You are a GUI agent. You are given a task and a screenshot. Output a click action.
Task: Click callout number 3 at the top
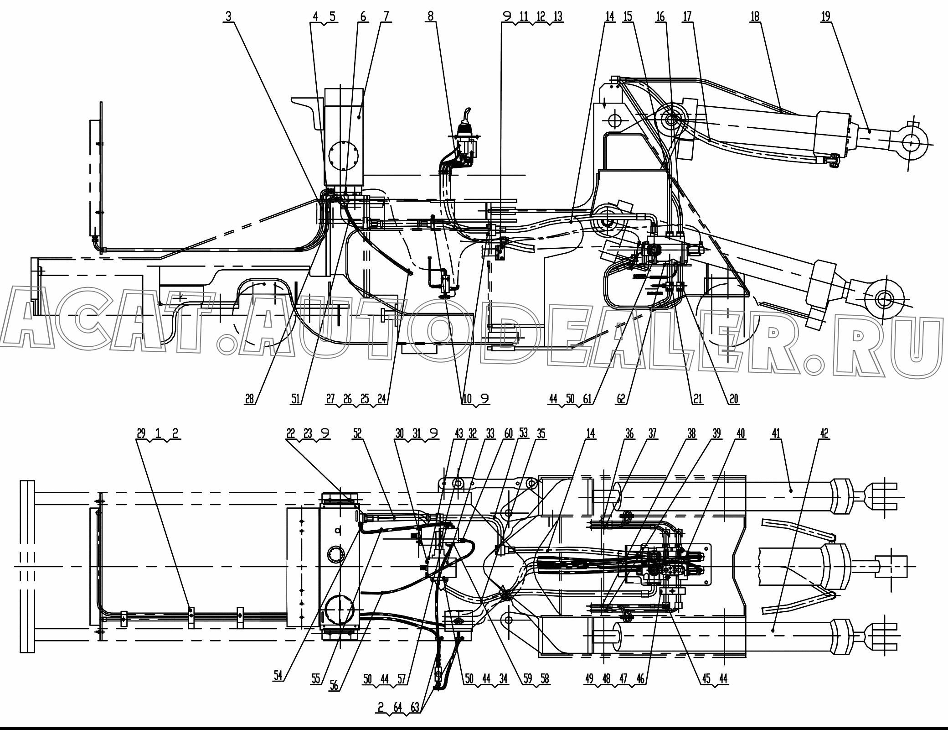[x=228, y=16]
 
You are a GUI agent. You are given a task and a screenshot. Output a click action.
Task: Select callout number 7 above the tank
[x=386, y=16]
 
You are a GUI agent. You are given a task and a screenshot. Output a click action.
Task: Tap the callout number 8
[x=430, y=16]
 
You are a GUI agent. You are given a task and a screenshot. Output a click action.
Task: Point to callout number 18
[x=755, y=16]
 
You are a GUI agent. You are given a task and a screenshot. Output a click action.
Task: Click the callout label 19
[x=825, y=16]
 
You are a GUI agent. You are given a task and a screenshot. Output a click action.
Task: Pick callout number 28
[x=249, y=399]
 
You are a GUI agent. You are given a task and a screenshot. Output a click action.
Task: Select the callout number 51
[x=296, y=399]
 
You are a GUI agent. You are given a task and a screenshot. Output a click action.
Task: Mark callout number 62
[x=621, y=399]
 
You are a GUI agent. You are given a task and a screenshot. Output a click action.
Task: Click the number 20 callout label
[x=733, y=399]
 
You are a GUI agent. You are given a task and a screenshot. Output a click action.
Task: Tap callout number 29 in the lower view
[x=141, y=433]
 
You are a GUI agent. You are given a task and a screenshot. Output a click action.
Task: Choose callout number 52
[x=357, y=433]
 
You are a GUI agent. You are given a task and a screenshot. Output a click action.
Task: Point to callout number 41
[x=776, y=433]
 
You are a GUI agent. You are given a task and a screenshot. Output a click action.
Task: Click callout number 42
[x=824, y=433]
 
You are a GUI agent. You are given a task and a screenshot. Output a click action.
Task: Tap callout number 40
[x=741, y=433]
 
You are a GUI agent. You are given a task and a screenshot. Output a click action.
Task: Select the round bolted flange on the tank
[x=342, y=158]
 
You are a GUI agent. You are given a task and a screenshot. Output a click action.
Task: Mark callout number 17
[x=687, y=16]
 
